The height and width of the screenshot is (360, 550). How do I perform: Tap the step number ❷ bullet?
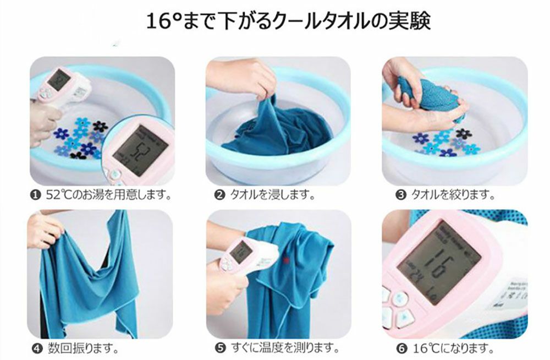coord(219,195)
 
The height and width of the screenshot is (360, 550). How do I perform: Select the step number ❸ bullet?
coord(400,195)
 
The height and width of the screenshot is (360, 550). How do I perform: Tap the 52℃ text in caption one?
coord(57,195)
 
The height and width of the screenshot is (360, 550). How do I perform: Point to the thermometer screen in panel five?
coord(240,251)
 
